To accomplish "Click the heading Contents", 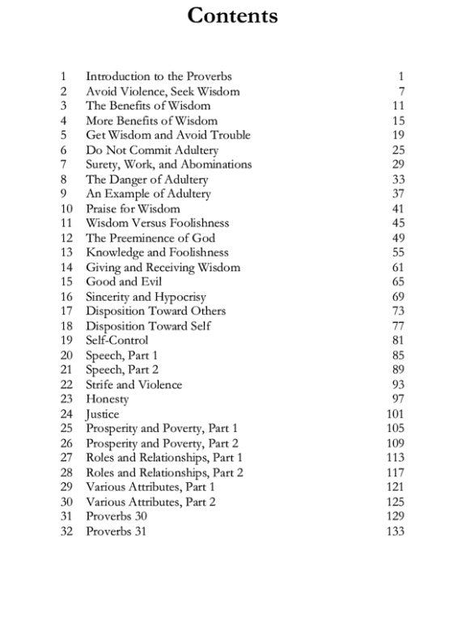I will [232, 15].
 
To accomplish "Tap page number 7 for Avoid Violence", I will [401, 91].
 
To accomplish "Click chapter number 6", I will [63, 150].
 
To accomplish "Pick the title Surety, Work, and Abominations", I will [168, 165].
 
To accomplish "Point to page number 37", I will [397, 194].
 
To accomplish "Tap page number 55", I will [397, 253].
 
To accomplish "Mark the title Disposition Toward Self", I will [144, 326].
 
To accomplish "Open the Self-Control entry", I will [117, 341].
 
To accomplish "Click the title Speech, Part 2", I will [121, 370].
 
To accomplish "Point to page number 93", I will [397, 385].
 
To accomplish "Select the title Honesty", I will [108, 400].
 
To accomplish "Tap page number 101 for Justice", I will [394, 414].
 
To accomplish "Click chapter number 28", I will [66, 472].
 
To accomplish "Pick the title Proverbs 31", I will [117, 531].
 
